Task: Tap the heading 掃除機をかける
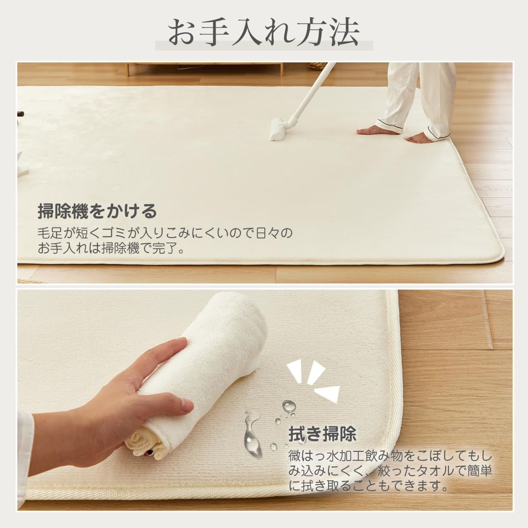point(97,211)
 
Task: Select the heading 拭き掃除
point(322,434)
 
